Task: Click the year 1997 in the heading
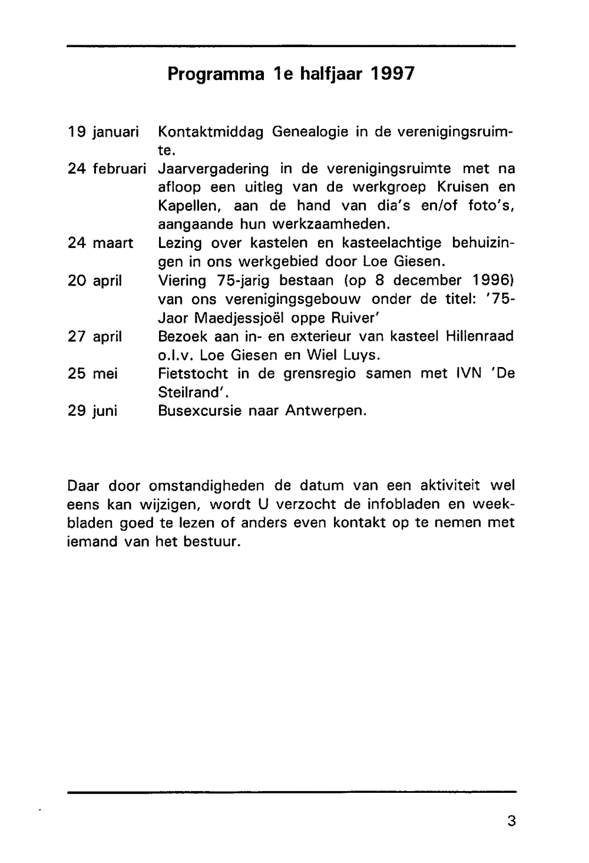coord(392,74)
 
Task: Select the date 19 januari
coord(103,132)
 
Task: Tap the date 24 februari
coord(107,169)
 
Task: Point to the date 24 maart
coord(101,243)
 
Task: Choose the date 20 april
coord(95,280)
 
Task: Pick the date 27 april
coord(95,336)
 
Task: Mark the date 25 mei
coord(92,373)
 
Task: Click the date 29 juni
coord(92,411)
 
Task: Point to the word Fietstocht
coord(193,373)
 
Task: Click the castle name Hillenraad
coord(479,336)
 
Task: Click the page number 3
coord(511,821)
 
